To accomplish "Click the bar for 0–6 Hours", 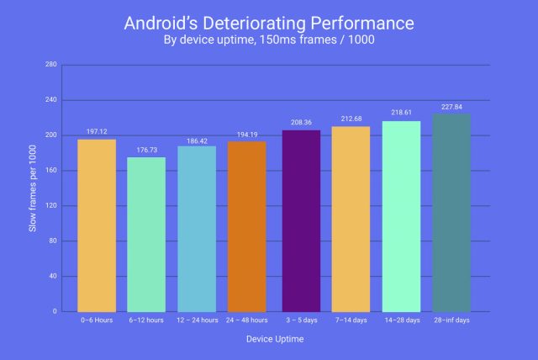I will pos(97,225).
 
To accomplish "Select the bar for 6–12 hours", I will pos(147,234).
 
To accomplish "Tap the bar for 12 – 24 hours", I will pos(197,229).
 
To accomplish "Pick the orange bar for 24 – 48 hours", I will pos(247,226).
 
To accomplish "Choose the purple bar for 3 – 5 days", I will pos(301,220).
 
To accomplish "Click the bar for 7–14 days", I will pos(351,219).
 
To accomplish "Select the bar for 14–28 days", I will pos(401,216).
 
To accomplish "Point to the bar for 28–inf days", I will pos(451,213).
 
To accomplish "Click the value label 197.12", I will pos(98,132).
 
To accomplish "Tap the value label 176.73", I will pos(147,151).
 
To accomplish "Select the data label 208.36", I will pos(301,123).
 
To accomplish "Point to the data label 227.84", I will pos(451,107).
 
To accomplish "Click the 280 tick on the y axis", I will pos(51,65).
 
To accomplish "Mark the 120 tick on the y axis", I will pos(51,205).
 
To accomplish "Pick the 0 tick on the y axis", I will pos(55,311).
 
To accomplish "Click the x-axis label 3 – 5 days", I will pos(301,320).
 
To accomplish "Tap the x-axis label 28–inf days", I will pos(451,320).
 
